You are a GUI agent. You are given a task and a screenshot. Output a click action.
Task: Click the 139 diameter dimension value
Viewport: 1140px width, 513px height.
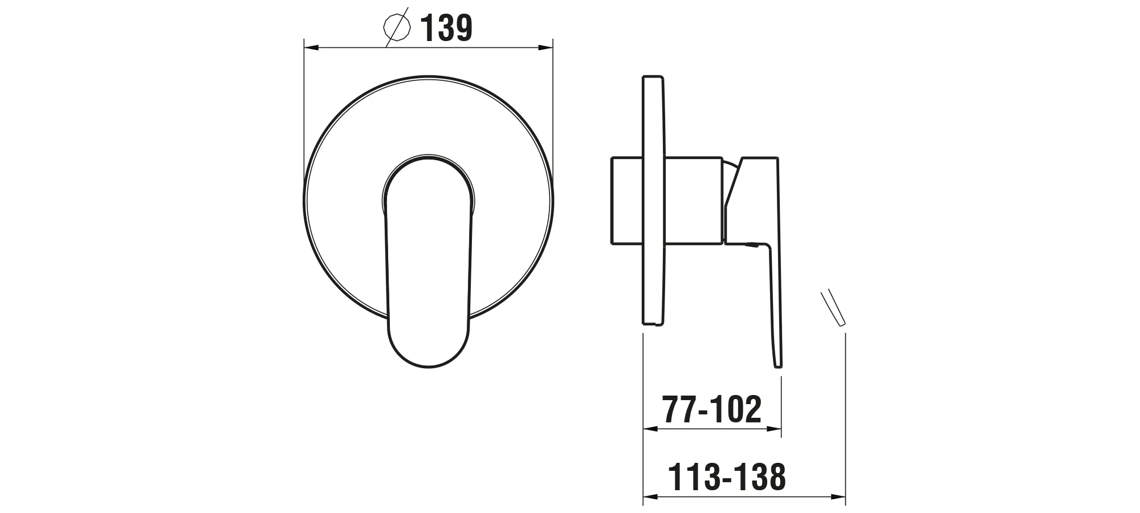pyautogui.click(x=446, y=28)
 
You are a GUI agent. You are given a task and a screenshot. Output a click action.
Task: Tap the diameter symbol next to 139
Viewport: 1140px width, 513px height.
pyautogui.click(x=397, y=26)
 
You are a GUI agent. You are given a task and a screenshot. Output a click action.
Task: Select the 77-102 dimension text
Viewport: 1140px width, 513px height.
pyautogui.click(x=711, y=409)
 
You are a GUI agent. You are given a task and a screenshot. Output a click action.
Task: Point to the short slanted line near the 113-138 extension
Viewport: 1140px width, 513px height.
pyautogui.click(x=833, y=308)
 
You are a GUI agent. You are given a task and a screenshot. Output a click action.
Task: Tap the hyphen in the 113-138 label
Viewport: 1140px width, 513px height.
pyautogui.click(x=726, y=479)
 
